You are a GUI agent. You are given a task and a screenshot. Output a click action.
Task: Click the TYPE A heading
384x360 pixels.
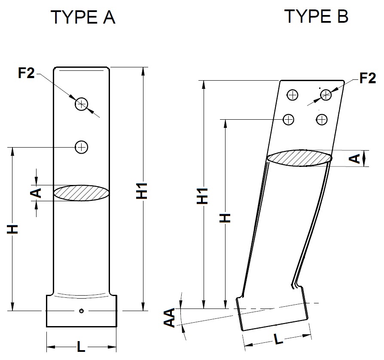83,18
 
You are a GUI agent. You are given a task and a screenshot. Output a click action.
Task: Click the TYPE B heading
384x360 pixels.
316,16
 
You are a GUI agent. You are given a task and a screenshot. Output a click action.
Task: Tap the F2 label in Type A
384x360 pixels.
26,73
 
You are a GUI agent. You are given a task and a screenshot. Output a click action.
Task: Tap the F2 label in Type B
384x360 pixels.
367,78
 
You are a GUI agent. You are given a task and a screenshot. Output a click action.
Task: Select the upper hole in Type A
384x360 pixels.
82,103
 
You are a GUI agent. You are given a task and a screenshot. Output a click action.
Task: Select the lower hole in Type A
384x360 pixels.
81,147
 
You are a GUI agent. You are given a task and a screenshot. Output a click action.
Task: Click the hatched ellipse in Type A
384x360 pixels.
81,193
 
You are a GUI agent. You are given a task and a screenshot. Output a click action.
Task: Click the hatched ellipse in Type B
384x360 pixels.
299,157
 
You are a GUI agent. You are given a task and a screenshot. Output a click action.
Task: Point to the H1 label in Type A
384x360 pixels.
143,191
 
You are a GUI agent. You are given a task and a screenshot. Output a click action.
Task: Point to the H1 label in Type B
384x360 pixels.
203,195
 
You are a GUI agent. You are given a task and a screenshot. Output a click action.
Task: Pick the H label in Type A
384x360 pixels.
14,229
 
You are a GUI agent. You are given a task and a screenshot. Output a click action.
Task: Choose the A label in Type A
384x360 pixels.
37,192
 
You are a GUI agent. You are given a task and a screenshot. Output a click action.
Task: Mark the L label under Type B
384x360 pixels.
279,340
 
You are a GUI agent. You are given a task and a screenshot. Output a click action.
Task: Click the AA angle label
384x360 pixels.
171,318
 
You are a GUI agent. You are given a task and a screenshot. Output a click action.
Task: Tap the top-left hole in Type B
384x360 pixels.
293,95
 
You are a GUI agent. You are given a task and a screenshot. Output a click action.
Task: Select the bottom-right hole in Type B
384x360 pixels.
322,119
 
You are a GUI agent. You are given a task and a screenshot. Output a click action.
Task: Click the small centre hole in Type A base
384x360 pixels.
81,311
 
